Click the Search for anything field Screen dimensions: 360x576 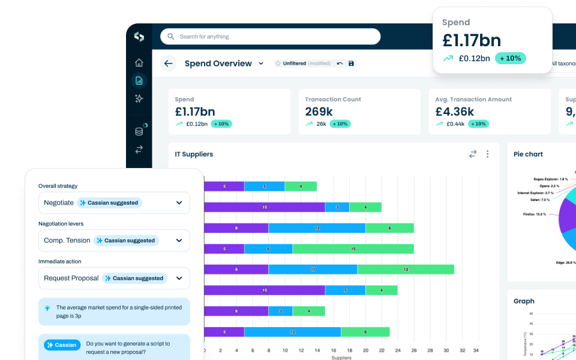[x=270, y=37]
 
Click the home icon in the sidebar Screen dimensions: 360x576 [x=139, y=62]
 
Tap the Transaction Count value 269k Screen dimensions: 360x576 [x=319, y=112]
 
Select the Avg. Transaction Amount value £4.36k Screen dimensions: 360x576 [x=455, y=112]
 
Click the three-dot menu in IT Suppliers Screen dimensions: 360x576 [x=487, y=154]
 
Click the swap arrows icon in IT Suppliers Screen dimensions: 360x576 [x=473, y=154]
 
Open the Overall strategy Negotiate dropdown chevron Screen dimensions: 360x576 [x=179, y=203]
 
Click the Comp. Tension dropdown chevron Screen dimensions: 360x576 [x=179, y=241]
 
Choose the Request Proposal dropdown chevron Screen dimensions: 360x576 [x=179, y=278]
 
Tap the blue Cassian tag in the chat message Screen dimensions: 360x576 [x=62, y=345]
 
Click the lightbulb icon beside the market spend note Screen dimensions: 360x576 [x=47, y=308]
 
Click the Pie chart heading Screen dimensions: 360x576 [x=528, y=154]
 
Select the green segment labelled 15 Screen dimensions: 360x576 [x=353, y=248]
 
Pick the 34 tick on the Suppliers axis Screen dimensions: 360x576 [x=476, y=350]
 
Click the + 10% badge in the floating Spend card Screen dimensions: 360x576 [x=510, y=58]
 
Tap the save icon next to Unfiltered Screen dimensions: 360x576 [x=351, y=64]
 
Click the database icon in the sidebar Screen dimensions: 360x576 [x=139, y=131]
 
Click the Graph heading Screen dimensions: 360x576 [x=524, y=301]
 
